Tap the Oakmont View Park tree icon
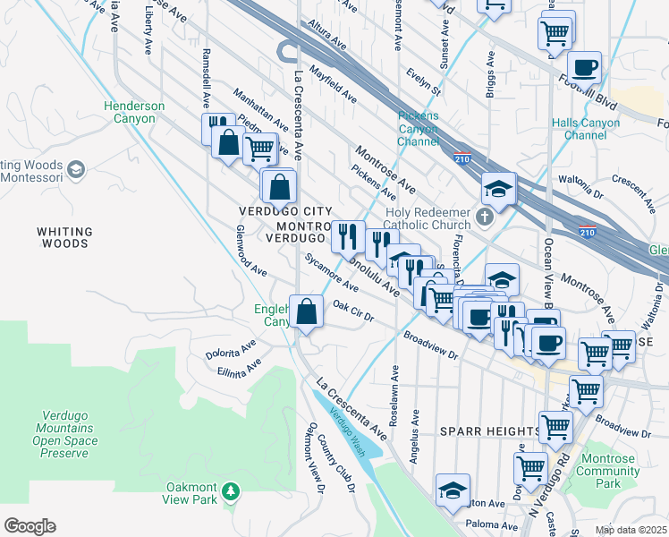[x=232, y=491]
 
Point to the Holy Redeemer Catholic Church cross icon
[x=484, y=217]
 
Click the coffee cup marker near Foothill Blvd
[x=584, y=67]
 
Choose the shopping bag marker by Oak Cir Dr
[x=307, y=312]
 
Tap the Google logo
[x=29, y=526]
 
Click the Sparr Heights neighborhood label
[x=490, y=431]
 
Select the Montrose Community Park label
[x=608, y=471]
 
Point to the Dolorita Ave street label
[x=232, y=346]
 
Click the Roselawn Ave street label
[x=393, y=395]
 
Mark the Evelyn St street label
[x=424, y=79]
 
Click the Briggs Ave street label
[x=490, y=72]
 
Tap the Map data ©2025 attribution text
[x=630, y=530]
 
